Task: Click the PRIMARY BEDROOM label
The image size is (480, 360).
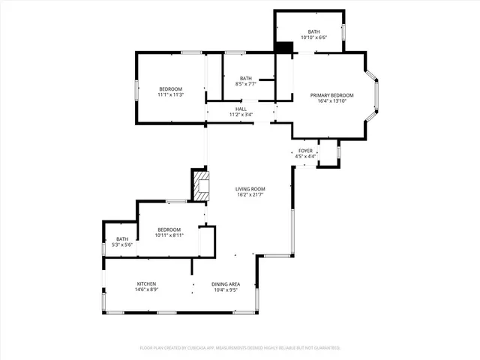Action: [331, 95]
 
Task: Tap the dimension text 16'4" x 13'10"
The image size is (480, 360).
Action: [331, 101]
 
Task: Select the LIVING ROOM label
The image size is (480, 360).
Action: [250, 189]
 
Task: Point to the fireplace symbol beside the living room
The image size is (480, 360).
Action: [201, 185]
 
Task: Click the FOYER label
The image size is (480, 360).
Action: [305, 151]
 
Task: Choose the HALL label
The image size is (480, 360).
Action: [241, 109]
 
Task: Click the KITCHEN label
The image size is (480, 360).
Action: [146, 283]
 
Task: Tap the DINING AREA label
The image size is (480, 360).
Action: [225, 283]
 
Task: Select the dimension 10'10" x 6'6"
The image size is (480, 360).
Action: [313, 37]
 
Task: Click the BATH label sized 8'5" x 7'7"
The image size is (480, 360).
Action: [246, 79]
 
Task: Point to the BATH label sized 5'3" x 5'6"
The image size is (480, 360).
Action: [121, 239]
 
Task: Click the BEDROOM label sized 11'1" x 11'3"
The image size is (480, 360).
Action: [170, 89]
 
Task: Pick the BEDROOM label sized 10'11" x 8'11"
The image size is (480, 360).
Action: [169, 229]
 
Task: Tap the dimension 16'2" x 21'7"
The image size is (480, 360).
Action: [250, 195]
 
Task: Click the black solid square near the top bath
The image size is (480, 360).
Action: [283, 46]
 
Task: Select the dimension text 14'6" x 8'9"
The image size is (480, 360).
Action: [146, 289]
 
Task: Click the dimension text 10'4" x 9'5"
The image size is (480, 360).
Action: [225, 289]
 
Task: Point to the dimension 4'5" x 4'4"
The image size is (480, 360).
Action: [305, 156]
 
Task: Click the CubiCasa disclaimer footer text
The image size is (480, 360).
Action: [240, 348]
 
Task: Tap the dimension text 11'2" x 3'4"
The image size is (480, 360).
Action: [241, 115]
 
